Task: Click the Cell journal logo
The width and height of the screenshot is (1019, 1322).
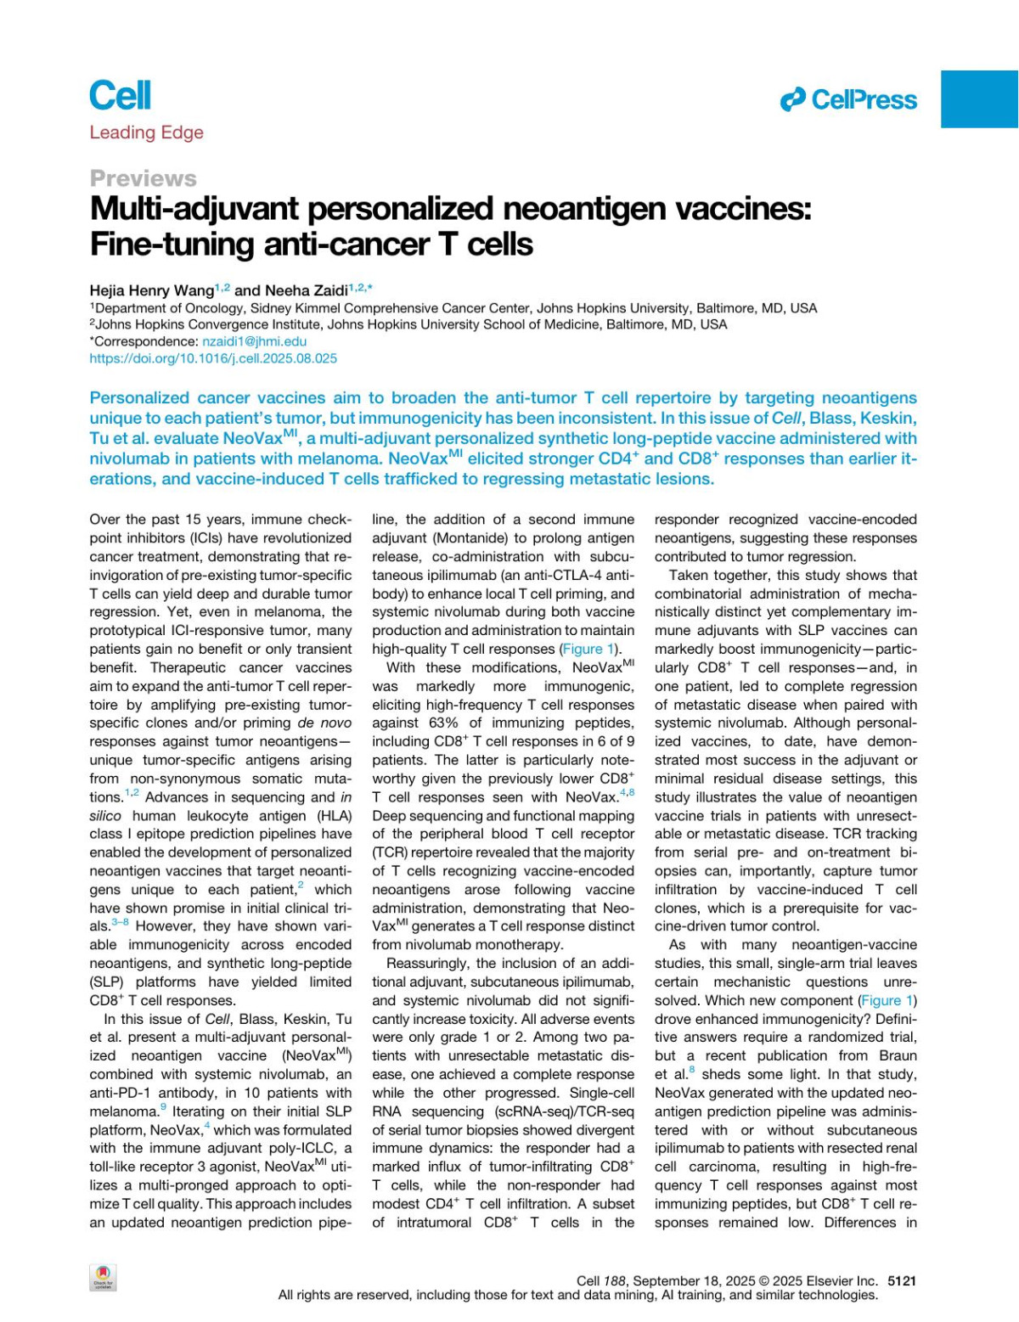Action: click(x=120, y=95)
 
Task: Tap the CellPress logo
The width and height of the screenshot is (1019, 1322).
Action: click(x=848, y=100)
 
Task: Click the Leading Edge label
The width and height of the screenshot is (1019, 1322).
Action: click(x=146, y=132)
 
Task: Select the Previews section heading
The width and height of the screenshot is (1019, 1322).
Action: click(x=143, y=178)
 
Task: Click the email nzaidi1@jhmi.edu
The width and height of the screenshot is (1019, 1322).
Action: click(x=254, y=341)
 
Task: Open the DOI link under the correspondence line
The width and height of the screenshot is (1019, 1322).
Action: click(x=213, y=358)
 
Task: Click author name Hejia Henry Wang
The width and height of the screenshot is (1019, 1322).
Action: click(x=151, y=290)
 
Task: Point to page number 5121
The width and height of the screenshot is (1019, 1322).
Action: click(x=902, y=1280)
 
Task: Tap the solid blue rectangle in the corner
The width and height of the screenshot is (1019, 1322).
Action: click(x=979, y=99)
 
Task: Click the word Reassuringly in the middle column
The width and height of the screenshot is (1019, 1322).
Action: click(x=428, y=963)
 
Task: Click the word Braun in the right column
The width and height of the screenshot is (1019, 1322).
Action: click(x=898, y=1055)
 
